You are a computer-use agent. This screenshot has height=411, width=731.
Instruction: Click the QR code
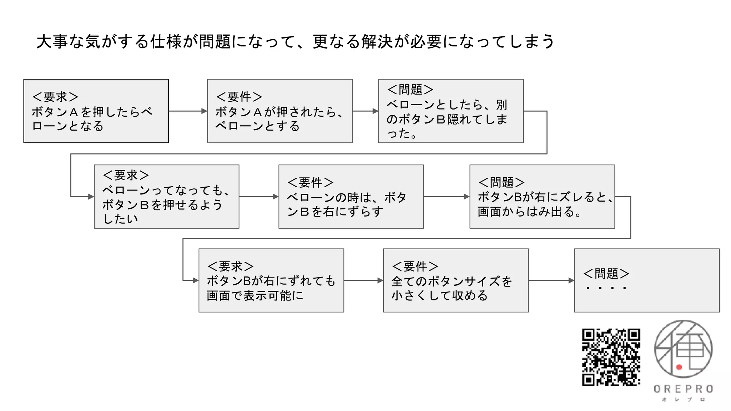[611, 357]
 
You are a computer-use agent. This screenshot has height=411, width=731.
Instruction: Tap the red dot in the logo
[679, 367]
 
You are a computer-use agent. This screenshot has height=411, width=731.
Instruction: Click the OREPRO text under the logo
[683, 389]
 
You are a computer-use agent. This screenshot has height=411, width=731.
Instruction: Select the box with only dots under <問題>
[646, 280]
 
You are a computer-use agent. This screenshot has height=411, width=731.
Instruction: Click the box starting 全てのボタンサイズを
[455, 280]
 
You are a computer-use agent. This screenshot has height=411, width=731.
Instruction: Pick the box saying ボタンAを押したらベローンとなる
[96, 111]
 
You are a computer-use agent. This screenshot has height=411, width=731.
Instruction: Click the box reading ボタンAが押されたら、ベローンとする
[279, 111]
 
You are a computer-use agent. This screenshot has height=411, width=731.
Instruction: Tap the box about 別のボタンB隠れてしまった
[450, 111]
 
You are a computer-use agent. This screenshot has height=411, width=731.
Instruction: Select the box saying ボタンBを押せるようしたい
[166, 197]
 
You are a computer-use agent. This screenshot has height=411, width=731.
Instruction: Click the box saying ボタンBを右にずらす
[351, 197]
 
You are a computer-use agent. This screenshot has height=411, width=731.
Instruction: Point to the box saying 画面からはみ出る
[542, 197]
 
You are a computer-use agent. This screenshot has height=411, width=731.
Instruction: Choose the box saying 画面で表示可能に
[271, 280]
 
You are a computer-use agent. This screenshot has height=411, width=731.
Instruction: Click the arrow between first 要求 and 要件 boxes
[188, 111]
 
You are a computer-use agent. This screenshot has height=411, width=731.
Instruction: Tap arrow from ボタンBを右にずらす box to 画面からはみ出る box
[446, 197]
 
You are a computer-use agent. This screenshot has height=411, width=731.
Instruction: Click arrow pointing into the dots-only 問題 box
[551, 280]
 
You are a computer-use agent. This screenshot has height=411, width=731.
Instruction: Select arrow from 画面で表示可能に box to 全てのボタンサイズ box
[363, 280]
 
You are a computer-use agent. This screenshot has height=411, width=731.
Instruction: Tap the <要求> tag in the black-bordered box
[55, 97]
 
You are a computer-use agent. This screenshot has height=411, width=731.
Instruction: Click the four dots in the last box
[606, 288]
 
